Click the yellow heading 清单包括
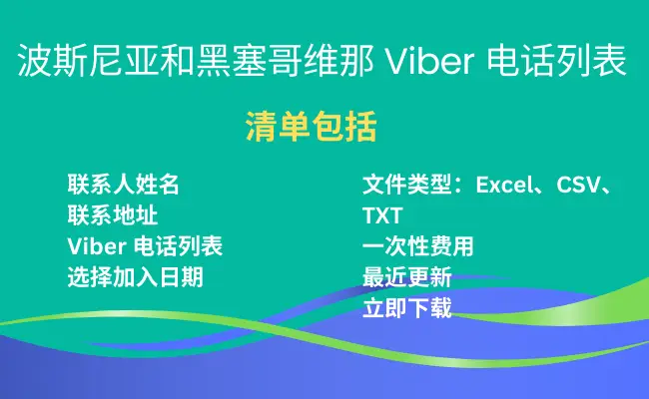pos(312,127)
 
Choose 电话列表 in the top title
pos(557,61)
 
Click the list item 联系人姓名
pos(124,185)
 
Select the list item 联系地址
pos(113,215)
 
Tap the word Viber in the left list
pos(97,246)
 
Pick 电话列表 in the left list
pos(179,246)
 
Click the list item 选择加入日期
pos(136,277)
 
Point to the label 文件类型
pos(406,185)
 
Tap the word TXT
pos(382,215)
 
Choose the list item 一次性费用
pos(418,246)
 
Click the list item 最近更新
pos(406,277)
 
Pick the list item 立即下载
pos(406,308)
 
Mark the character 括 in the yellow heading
pos(360,127)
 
